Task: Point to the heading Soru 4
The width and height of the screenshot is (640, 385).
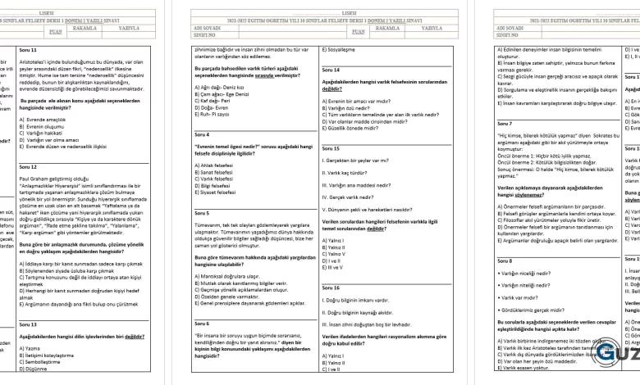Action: [202, 134]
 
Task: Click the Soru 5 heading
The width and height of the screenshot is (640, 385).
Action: [202, 213]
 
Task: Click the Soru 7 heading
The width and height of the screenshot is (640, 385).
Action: [505, 123]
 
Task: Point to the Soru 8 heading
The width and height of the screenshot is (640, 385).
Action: [505, 260]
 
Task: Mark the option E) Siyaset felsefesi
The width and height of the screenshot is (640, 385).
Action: [220, 193]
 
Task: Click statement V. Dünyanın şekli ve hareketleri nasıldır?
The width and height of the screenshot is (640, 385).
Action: [368, 209]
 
